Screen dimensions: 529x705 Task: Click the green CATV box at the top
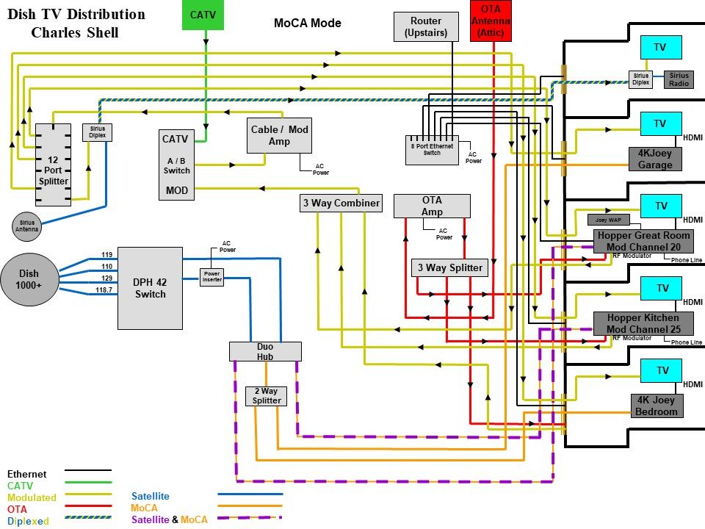tap(203, 15)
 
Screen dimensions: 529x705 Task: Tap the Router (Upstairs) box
tap(426, 27)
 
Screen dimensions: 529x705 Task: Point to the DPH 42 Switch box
tap(150, 287)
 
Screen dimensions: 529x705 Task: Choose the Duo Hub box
tap(265, 351)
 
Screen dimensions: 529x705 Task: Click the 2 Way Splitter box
tap(266, 396)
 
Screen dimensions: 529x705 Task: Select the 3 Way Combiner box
tap(341, 203)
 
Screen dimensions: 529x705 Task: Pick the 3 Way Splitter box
tap(449, 267)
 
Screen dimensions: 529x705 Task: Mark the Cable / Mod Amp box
tap(279, 135)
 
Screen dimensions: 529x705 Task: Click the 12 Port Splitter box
tap(54, 165)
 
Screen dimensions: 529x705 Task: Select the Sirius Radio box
tap(679, 79)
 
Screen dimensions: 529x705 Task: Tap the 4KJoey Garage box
tap(655, 159)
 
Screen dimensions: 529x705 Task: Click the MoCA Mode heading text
tap(307, 23)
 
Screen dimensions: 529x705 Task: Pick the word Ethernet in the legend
tap(26, 475)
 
